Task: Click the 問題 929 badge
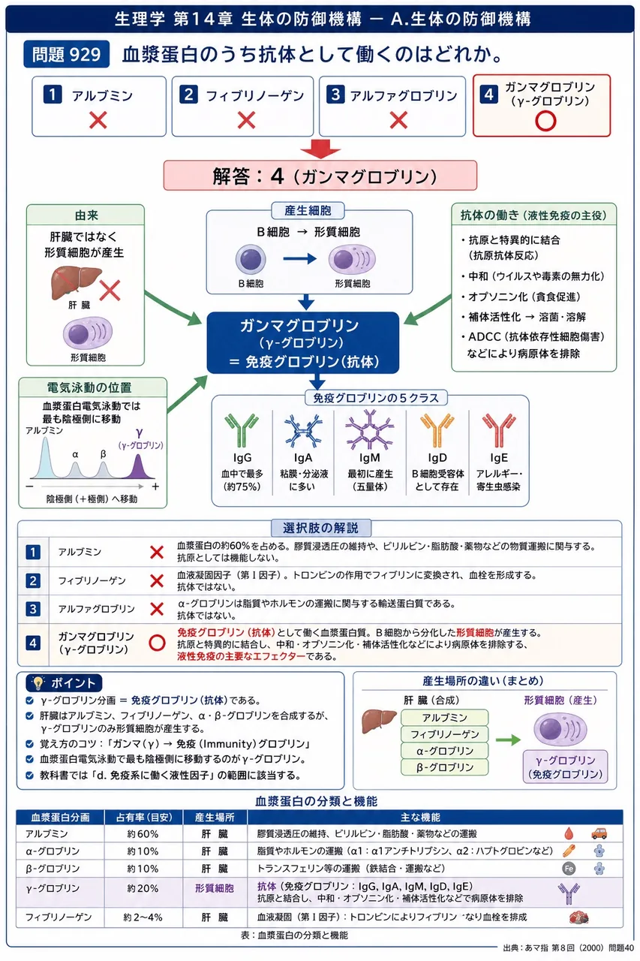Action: [67, 54]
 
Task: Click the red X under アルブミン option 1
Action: [98, 119]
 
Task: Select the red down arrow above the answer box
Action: [320, 149]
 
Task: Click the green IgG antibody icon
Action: [242, 430]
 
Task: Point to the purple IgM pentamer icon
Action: [369, 429]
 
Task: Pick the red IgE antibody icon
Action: [498, 430]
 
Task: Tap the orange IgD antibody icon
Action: [437, 430]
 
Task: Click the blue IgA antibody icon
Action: [303, 430]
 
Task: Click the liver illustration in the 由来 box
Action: [77, 283]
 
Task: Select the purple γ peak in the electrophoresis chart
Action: [138, 467]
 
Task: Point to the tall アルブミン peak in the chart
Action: [45, 458]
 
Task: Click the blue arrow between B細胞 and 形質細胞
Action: [299, 259]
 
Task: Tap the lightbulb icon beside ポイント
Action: [38, 683]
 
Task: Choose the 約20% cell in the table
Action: [143, 888]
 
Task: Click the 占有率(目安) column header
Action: [143, 818]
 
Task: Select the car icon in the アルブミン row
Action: [599, 833]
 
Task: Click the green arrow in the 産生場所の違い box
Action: [508, 740]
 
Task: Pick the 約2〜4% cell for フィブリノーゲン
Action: [143, 917]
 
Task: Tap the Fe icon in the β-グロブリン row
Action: [569, 869]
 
